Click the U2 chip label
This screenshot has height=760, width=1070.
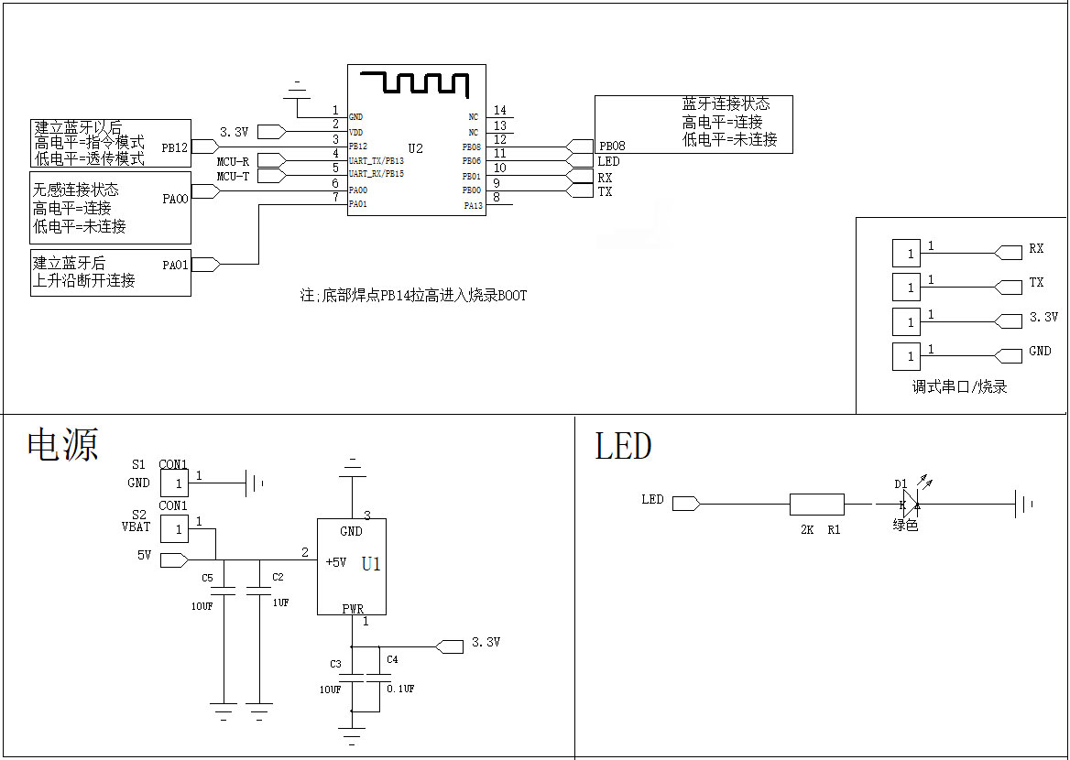416,148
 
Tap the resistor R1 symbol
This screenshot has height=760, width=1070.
817,505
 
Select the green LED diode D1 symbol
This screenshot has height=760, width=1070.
911,505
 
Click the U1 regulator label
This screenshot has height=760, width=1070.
371,564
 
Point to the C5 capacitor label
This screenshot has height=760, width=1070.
207,578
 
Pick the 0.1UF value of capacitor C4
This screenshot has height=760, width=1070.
400,689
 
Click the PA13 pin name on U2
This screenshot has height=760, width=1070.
473,205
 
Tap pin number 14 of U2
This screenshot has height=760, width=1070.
500,110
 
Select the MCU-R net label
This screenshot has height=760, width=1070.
233,162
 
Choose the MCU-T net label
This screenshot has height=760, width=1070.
233,176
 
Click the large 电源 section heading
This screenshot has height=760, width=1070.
63,444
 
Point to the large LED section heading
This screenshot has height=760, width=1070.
623,446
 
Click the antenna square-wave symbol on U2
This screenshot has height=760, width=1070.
415,82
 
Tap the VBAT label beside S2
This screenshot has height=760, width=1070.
136,527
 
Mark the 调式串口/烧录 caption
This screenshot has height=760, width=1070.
959,386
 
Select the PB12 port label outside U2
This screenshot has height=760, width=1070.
175,147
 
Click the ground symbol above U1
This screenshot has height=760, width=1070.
352,468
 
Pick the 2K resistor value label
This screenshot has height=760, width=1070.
806,529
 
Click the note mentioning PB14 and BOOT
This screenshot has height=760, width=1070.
413,296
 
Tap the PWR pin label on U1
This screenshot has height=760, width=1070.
353,609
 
